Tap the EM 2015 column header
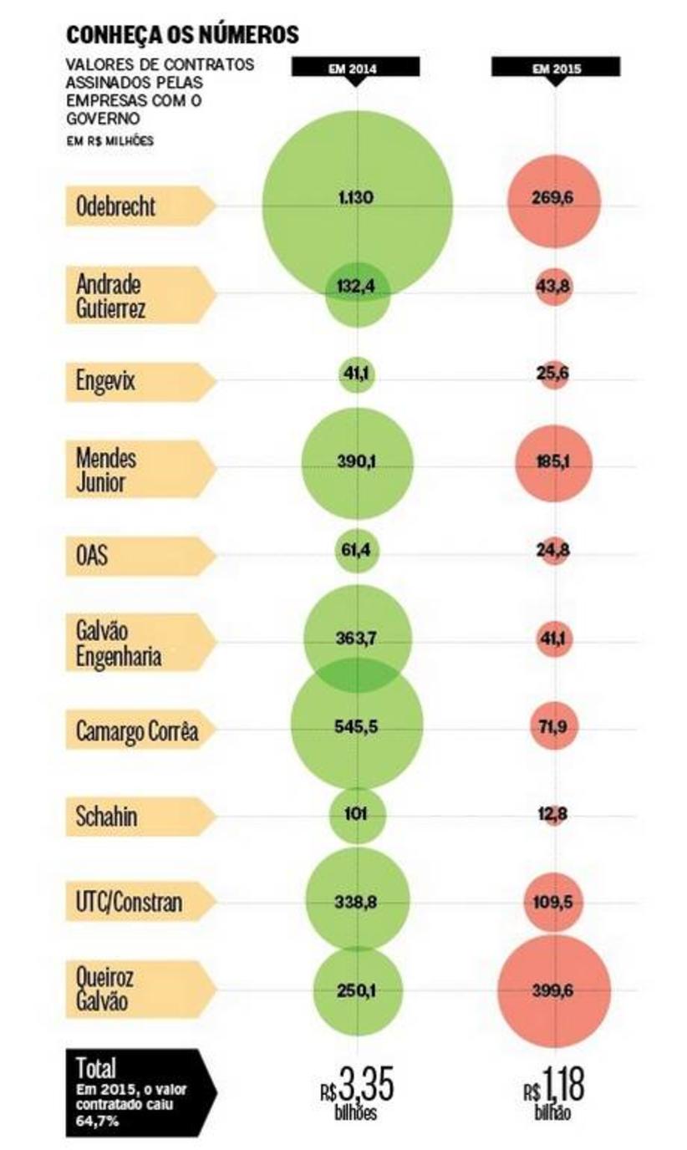(555, 68)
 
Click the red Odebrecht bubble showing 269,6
(554, 200)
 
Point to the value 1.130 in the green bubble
(357, 198)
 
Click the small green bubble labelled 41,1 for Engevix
(357, 374)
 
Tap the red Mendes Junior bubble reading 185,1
(554, 462)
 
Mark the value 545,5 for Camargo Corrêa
(357, 726)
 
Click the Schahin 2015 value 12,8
(554, 816)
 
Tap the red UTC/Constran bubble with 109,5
(554, 903)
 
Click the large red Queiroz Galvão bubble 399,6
(554, 990)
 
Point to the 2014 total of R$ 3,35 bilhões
(357, 1091)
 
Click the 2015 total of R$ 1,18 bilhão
(556, 1091)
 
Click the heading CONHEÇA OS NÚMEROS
(182, 34)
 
